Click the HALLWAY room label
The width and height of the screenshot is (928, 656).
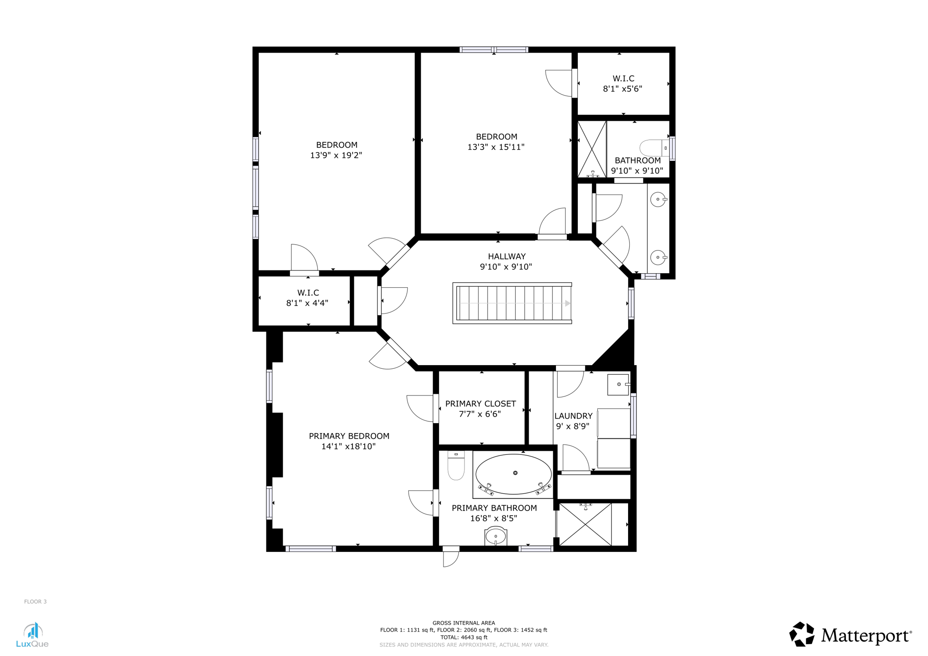(x=506, y=256)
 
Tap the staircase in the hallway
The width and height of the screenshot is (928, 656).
(x=512, y=303)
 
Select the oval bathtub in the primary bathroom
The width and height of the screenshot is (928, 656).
(x=513, y=474)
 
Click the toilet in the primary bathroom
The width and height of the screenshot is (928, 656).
(x=456, y=465)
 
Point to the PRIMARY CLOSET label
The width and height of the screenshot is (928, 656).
(x=480, y=404)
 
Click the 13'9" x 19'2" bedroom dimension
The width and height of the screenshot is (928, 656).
(x=336, y=155)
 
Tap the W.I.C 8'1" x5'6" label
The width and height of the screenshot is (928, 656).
(x=623, y=84)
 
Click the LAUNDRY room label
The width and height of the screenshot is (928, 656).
(x=573, y=416)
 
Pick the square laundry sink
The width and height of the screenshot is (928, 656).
(x=618, y=385)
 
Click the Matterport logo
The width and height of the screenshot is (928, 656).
(x=850, y=635)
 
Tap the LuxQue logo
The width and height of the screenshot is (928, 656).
(x=32, y=635)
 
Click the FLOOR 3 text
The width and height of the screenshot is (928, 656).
(x=35, y=602)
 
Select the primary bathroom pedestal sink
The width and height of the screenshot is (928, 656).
(x=495, y=536)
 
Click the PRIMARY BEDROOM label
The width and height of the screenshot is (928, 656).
(x=349, y=436)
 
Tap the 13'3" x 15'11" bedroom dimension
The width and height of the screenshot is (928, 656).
(x=496, y=147)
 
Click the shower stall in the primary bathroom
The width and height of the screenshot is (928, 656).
(x=585, y=524)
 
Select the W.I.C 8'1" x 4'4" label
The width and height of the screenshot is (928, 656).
(x=308, y=298)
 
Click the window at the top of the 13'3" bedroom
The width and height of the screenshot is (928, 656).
(x=493, y=50)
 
